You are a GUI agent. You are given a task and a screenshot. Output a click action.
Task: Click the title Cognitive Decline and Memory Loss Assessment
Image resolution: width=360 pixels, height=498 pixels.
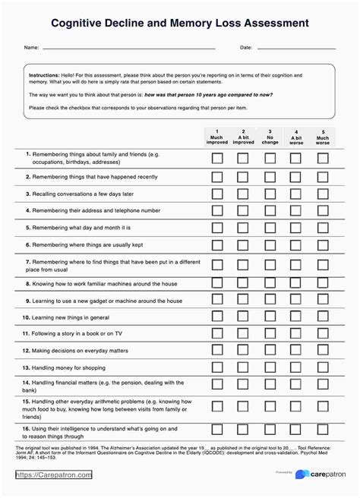click(180, 24)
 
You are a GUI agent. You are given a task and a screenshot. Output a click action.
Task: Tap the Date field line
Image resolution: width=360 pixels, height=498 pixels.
click(296, 48)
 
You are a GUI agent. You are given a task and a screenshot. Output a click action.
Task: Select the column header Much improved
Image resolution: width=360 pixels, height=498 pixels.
click(217, 137)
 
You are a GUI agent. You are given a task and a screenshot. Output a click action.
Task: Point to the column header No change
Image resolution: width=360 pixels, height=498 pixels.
click(270, 137)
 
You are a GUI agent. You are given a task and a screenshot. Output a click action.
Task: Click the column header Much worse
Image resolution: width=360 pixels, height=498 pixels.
click(323, 137)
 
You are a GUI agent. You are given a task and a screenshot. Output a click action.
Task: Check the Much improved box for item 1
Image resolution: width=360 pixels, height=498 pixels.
click(217, 158)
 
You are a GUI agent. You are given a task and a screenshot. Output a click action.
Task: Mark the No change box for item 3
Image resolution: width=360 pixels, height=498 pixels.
click(270, 193)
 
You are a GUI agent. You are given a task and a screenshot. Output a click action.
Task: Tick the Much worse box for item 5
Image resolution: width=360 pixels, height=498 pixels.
click(323, 227)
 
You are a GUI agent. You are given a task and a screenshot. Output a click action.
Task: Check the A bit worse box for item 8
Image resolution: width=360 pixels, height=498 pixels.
click(296, 283)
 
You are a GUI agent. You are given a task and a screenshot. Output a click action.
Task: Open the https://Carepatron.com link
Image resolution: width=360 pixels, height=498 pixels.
click(54, 475)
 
